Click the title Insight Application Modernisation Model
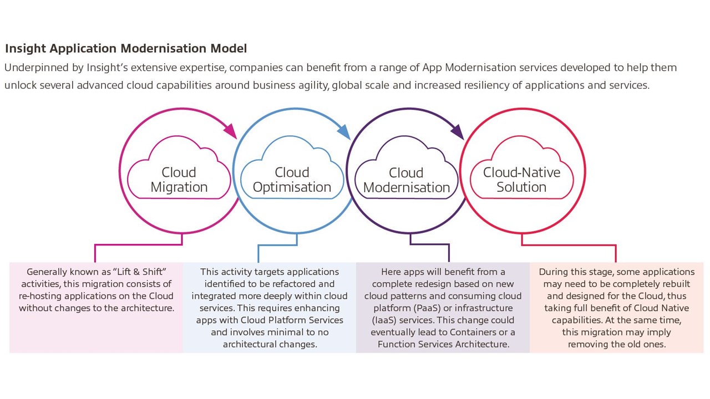point(126,49)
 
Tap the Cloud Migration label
point(179,180)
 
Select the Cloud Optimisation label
point(292,180)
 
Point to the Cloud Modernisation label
point(406,181)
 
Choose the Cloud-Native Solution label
point(521,180)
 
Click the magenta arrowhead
point(230,131)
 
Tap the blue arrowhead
point(344,132)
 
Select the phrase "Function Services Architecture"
point(443,345)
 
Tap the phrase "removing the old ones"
point(616,345)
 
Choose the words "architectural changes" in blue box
point(270,345)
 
